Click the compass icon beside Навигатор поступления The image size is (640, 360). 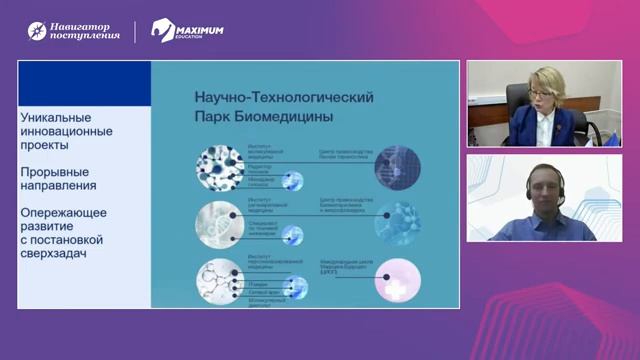37,31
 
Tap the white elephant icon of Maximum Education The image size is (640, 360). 163,31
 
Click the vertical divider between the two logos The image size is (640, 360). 136,31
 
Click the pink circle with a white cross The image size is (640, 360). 397,281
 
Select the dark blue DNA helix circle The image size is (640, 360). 397,166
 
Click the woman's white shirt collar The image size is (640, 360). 533,128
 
